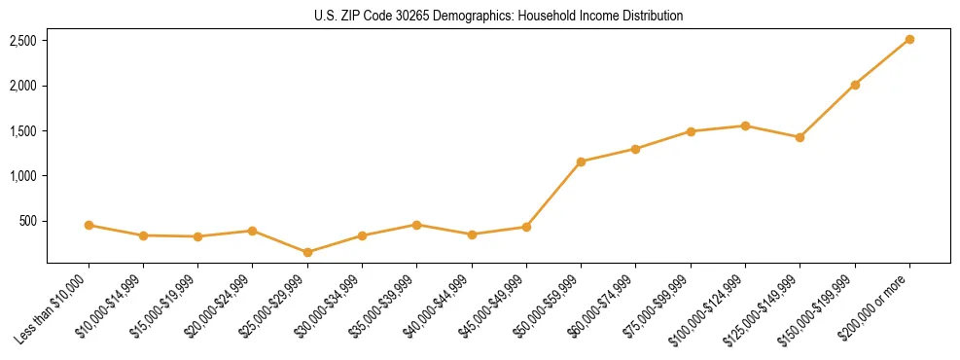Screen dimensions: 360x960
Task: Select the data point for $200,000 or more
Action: (x=909, y=39)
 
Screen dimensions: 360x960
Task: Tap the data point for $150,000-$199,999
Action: (x=855, y=85)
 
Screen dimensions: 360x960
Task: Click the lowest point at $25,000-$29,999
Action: (x=307, y=252)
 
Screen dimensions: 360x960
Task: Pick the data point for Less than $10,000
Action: (x=89, y=225)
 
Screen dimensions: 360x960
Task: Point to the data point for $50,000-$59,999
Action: (x=581, y=162)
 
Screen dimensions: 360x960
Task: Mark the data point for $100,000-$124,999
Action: (x=745, y=126)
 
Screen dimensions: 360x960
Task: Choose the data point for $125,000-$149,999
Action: (x=800, y=137)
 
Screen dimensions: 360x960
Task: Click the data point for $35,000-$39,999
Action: (x=416, y=225)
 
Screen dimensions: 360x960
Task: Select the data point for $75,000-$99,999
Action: (x=691, y=131)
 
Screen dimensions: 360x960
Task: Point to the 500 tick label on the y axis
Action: (x=28, y=221)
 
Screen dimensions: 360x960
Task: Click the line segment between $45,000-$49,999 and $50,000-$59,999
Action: (x=553, y=195)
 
